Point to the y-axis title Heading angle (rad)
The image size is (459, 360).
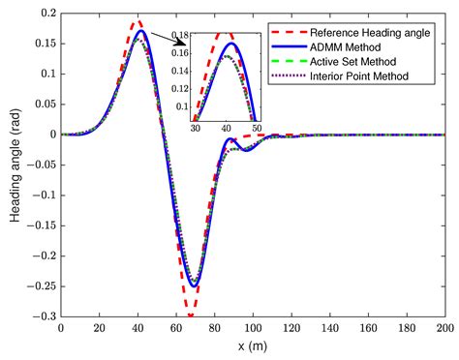15,165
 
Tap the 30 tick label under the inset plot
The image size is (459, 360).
195,126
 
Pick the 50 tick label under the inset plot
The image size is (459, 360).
256,126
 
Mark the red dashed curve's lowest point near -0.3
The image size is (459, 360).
191,315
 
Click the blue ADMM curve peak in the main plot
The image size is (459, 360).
141,31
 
